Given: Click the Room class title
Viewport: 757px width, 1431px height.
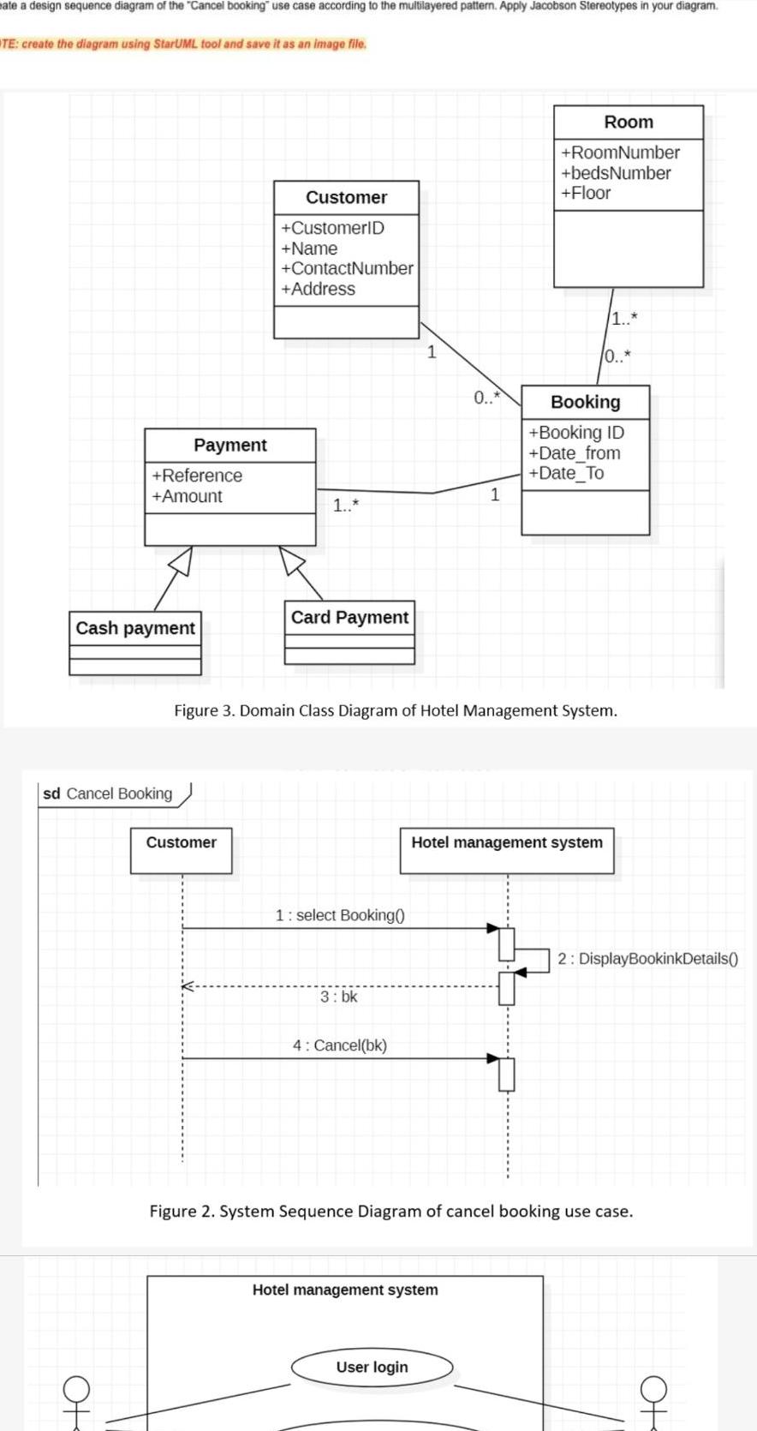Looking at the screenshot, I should coord(628,122).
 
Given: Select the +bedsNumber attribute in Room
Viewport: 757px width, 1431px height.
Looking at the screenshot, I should coord(616,173).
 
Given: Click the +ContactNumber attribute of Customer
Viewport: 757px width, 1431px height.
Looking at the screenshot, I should coord(347,268).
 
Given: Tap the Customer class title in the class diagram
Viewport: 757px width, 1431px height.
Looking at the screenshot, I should coord(346,197).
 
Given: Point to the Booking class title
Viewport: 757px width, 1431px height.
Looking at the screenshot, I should coord(585,402).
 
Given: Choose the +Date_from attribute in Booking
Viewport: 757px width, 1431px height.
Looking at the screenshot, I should coord(575,452).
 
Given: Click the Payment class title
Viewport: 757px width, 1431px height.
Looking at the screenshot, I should coord(229,445).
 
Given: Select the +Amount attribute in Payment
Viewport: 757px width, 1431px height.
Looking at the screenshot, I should coord(187,496).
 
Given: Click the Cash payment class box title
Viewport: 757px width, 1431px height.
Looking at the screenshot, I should coord(135,628).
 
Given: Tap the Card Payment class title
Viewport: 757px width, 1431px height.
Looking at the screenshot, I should coord(349,617).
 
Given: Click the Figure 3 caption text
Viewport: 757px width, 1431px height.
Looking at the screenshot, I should coord(395,710).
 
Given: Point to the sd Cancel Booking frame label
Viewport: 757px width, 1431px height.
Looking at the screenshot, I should coord(108,793).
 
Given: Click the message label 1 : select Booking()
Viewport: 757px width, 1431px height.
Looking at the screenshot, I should coord(340,915).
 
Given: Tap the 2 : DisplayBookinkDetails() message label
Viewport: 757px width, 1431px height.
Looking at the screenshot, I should coord(647,958).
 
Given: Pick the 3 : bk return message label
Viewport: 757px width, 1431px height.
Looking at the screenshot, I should coord(339,997).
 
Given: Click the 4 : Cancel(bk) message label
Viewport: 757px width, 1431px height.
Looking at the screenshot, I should coord(340,1045).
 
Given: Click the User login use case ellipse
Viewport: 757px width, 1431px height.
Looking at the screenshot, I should coord(372,1367).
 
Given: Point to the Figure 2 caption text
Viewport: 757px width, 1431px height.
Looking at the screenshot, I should coord(391,1211).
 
